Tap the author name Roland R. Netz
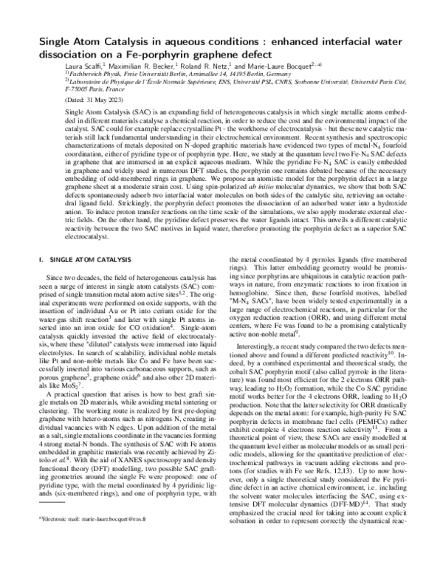[201, 65]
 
